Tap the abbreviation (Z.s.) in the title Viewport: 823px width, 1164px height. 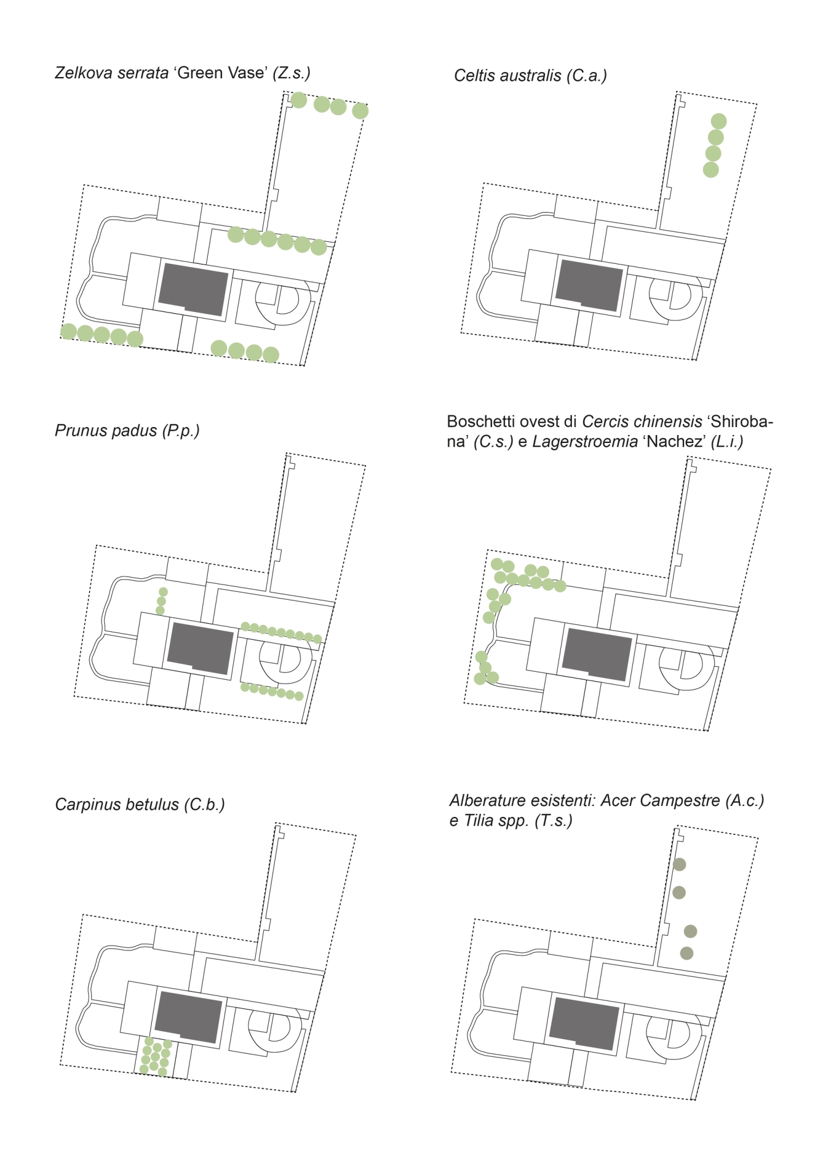(x=292, y=73)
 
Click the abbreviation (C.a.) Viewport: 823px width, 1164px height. (x=586, y=76)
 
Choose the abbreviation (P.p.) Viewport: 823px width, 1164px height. (x=181, y=431)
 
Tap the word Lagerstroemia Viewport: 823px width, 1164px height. (x=585, y=442)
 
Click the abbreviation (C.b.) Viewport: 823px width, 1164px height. (x=205, y=805)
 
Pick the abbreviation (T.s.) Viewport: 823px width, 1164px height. (x=553, y=820)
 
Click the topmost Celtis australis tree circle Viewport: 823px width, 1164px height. (x=718, y=121)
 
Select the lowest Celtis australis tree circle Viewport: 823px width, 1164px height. (x=710, y=170)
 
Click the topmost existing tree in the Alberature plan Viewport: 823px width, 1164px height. (x=679, y=864)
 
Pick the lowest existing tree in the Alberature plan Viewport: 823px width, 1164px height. (x=686, y=953)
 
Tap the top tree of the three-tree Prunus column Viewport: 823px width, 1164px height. (x=163, y=592)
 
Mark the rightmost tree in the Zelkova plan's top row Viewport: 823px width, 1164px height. (x=360, y=111)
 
